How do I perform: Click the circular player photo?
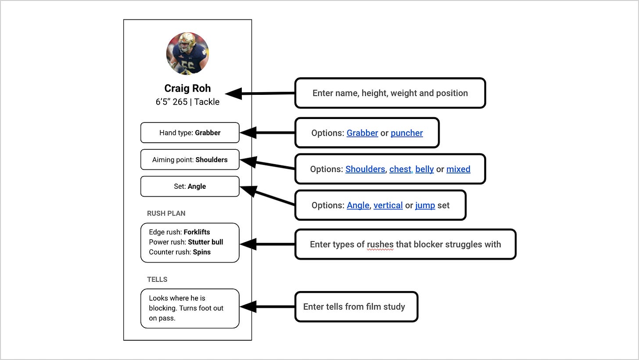tap(187, 54)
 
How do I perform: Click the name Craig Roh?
tap(187, 88)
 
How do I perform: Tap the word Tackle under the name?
tap(207, 102)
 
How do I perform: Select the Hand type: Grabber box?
tap(190, 133)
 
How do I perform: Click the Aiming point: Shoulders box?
tap(190, 160)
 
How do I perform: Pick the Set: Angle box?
tap(190, 186)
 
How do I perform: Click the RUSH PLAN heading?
tap(166, 213)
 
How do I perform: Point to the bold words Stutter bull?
tap(205, 242)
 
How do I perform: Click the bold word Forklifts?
tap(197, 232)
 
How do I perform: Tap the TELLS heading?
tap(157, 279)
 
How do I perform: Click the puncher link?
tap(406, 133)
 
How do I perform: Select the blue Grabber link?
tap(362, 133)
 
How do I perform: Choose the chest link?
tap(400, 169)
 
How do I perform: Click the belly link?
tap(424, 169)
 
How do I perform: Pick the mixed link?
tap(458, 169)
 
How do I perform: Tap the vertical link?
tap(388, 205)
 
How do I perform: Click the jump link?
tap(425, 205)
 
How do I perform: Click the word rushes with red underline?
tap(380, 245)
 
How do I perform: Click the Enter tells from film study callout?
tap(356, 306)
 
